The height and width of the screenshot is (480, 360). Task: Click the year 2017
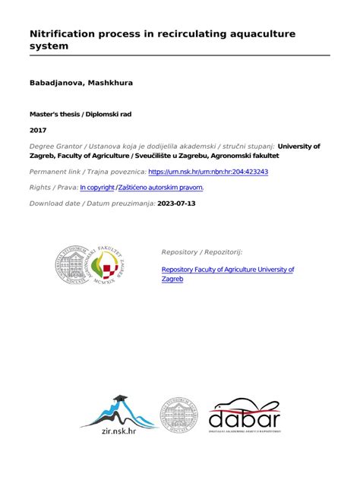tap(37, 131)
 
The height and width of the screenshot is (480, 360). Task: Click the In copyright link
tap(97, 187)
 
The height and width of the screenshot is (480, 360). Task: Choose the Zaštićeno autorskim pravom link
tap(161, 187)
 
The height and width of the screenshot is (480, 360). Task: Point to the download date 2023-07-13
tap(176, 204)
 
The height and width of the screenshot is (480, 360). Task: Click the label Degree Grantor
tap(56, 146)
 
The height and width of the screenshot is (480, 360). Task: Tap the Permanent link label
tap(58, 172)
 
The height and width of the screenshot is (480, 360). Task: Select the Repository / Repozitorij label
tap(201, 251)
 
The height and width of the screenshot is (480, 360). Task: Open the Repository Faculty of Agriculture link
tap(228, 270)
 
